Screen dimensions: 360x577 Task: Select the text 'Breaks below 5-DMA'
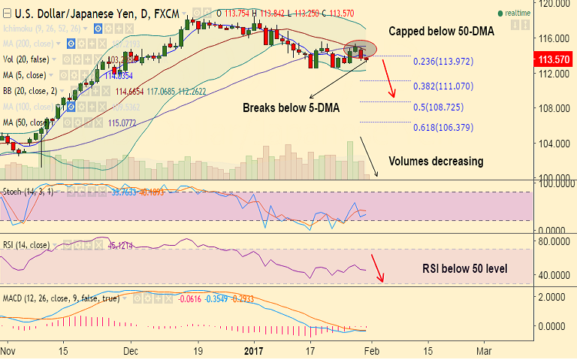291,108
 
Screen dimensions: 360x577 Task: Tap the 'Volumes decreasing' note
436,161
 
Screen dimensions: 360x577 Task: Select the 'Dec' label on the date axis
131,349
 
